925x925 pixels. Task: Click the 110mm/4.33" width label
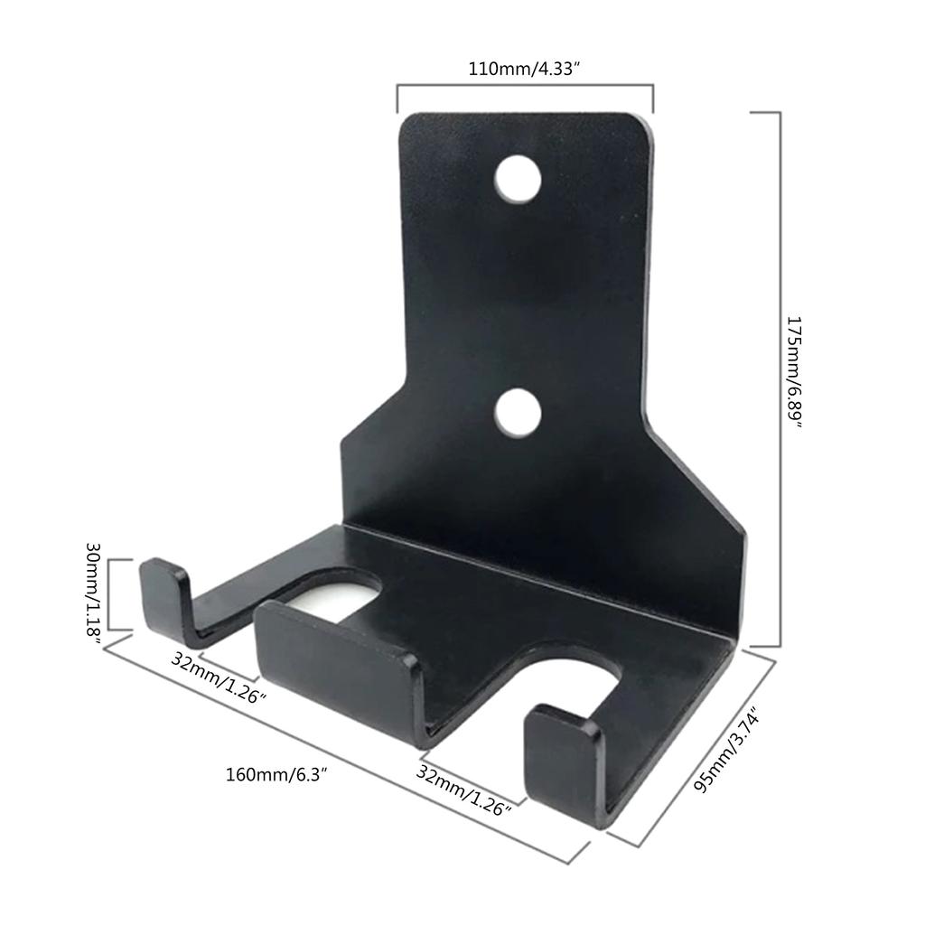524,68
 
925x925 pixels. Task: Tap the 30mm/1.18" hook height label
94,592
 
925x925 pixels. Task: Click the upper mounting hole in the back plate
518,178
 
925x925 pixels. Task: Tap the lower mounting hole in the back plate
518,412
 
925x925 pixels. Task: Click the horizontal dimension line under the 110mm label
524,87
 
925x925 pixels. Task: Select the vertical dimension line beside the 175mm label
779,379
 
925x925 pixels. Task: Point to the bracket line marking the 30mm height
109,594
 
